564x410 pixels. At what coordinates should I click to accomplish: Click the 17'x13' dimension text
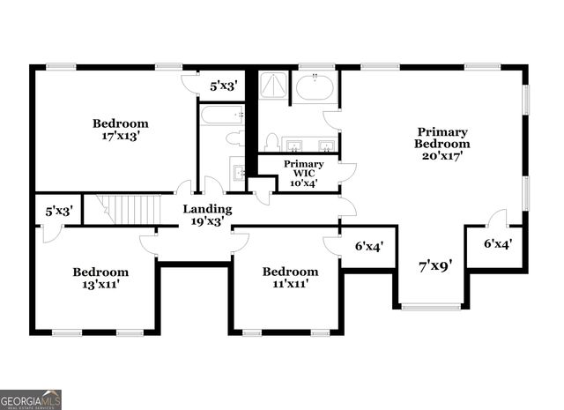coord(121,137)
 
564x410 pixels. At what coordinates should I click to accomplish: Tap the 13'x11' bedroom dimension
coord(100,285)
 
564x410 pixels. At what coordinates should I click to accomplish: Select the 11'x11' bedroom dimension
coord(290,284)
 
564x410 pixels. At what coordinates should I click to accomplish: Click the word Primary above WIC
coord(303,164)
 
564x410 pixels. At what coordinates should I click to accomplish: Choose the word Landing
coord(207,209)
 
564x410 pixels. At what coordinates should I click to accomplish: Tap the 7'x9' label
coord(435,263)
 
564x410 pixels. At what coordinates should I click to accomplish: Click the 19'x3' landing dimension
coord(207,222)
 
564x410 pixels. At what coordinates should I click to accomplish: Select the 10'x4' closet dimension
coord(303,183)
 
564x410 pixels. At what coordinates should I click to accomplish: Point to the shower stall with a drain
coord(273,86)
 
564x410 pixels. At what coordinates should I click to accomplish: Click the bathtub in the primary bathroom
coord(314,87)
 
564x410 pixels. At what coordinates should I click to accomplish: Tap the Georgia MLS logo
coord(31,399)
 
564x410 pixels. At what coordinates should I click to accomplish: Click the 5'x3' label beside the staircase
coord(58,211)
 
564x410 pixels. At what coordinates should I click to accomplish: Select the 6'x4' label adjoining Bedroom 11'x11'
coord(368,248)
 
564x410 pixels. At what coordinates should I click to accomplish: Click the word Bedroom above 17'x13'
coord(121,123)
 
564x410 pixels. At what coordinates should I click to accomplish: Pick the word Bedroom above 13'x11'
coord(100,272)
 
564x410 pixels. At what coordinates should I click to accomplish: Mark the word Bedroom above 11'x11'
coord(290,271)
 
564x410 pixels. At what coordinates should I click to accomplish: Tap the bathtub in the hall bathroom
coord(221,115)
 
